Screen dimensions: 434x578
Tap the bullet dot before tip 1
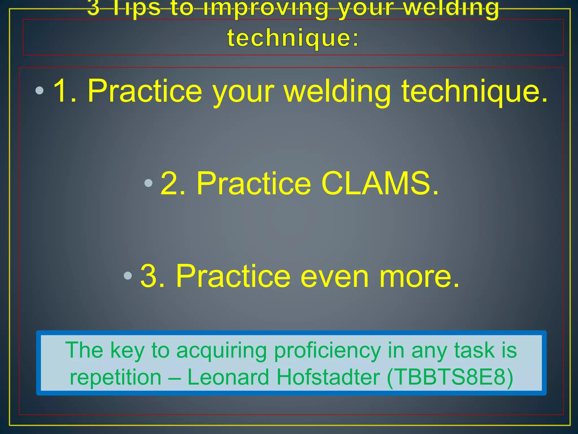tap(40, 90)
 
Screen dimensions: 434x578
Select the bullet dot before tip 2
tap(148, 183)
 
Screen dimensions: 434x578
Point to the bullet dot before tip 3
tap(128, 275)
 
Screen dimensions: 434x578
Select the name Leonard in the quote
tap(228, 377)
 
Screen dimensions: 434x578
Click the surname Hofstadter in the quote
tap(328, 377)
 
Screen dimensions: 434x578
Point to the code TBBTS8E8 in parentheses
tap(450, 377)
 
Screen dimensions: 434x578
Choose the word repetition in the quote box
tap(115, 378)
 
